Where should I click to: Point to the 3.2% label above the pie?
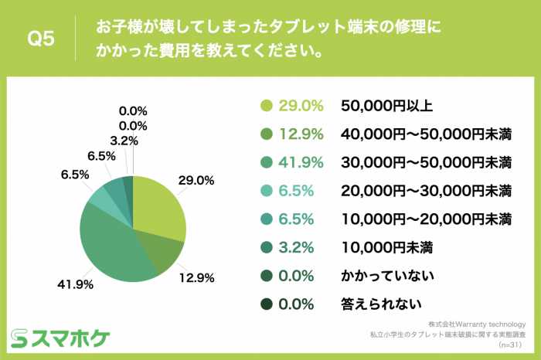tap(124, 141)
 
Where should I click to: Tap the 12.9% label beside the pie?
tap(198, 277)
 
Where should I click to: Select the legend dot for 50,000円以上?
tap(267, 106)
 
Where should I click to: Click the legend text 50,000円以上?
tap(382, 106)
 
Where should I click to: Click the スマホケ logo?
tap(60, 338)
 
